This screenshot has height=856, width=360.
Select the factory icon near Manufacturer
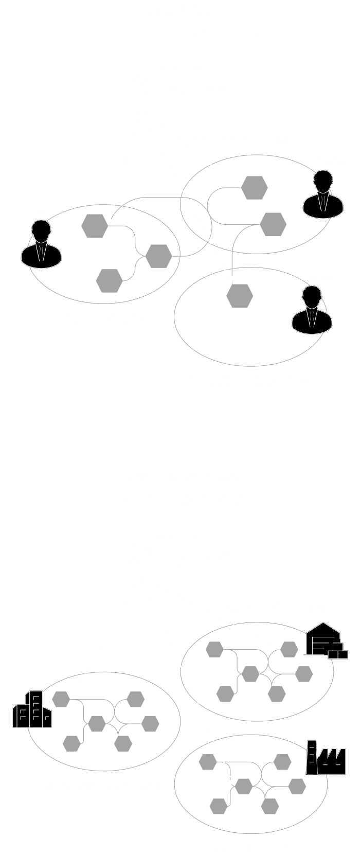pos(325,758)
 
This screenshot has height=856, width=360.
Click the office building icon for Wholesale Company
pos(32,709)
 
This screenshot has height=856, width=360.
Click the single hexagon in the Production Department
pos(240,295)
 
